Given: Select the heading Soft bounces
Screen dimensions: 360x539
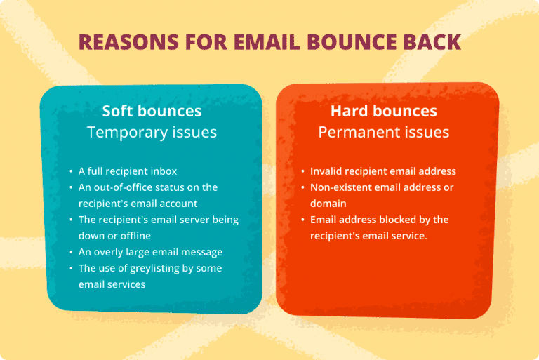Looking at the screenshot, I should (152, 111).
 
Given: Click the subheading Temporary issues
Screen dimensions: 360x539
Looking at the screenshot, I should (152, 132).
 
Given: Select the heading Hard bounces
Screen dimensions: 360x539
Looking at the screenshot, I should (384, 111).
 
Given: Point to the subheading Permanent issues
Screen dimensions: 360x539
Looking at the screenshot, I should (384, 132).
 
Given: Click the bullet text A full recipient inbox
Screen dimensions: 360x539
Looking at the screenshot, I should (128, 171).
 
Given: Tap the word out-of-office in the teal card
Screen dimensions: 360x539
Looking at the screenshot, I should (126, 187).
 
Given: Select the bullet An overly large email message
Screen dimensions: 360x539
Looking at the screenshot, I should (150, 252).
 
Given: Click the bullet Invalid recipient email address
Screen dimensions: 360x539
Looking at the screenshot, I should (383, 171).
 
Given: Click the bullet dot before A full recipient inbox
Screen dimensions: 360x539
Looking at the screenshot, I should (71, 171).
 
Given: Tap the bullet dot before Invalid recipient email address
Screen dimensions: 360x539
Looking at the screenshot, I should (302, 171).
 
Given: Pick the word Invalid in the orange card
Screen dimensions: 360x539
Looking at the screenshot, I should (324, 171).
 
